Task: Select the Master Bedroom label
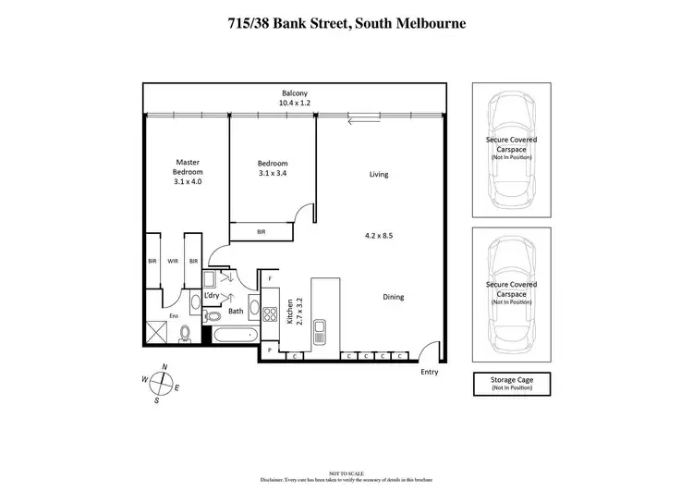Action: [188, 172]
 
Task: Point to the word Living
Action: [378, 175]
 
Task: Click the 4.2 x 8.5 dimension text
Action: [379, 236]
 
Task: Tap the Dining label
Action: [394, 297]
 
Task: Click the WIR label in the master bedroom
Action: [173, 262]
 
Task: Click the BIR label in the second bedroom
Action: [261, 232]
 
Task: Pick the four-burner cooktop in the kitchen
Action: [271, 313]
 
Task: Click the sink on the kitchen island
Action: [319, 328]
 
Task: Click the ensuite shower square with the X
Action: [155, 331]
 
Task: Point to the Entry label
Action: [430, 372]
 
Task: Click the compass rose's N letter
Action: [164, 367]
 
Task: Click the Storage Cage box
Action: [512, 383]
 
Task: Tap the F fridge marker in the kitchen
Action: [270, 278]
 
